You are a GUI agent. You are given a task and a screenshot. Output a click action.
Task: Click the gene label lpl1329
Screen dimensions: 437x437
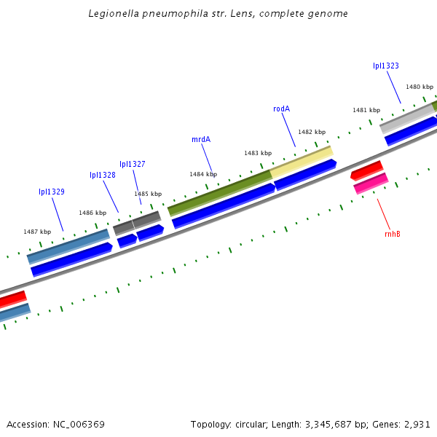click(52, 192)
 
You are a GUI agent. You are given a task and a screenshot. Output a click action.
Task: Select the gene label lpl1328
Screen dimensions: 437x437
click(103, 175)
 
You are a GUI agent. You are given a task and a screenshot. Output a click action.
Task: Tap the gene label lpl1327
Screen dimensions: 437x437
click(133, 164)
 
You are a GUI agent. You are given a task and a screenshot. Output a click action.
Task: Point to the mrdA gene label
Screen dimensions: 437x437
click(201, 139)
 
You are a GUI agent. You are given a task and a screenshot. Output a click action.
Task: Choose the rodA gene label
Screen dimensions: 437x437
click(281, 109)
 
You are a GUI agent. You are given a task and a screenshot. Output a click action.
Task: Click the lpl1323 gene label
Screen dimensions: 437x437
click(386, 66)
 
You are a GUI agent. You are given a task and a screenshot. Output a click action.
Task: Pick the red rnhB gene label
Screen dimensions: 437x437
click(393, 234)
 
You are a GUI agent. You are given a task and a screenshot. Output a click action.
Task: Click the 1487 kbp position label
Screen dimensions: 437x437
click(37, 232)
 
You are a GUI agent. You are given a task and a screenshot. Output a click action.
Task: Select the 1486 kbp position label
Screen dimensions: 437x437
click(92, 213)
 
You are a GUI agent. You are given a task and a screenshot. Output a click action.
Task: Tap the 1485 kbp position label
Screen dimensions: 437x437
click(147, 194)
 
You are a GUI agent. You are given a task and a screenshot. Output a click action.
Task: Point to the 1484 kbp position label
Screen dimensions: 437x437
click(203, 174)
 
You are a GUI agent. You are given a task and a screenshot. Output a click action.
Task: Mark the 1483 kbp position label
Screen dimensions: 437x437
click(258, 153)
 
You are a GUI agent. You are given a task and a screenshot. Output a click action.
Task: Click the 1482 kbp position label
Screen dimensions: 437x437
click(312, 132)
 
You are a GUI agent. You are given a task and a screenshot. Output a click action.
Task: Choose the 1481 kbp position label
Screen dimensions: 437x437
click(366, 110)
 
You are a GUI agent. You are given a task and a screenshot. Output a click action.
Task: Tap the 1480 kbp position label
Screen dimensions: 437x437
click(419, 87)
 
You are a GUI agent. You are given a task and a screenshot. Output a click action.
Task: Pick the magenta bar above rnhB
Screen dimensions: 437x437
click(371, 183)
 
